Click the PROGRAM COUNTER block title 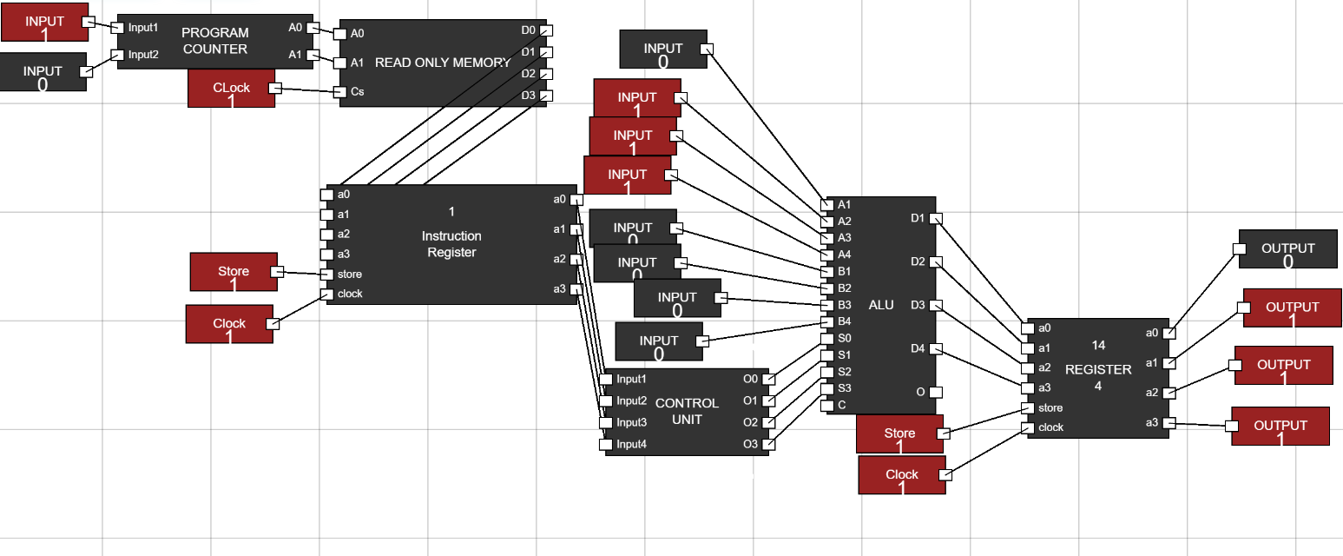coord(214,41)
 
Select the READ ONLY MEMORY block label coord(442,63)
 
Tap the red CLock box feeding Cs coord(231,89)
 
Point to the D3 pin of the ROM coord(546,96)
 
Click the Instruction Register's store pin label coord(349,275)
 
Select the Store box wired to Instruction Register coord(234,272)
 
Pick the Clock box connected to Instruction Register coord(229,324)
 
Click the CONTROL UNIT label coord(687,411)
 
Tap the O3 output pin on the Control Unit coord(767,445)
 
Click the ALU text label coord(880,305)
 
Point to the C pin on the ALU coord(826,405)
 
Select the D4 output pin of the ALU coord(934,349)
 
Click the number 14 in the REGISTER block coord(1098,346)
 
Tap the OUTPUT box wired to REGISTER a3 coord(1280,426)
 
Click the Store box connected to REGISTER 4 coord(899,434)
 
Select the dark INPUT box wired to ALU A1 coord(662,49)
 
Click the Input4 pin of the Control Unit coord(605,445)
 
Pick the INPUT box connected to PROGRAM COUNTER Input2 coord(43,72)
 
